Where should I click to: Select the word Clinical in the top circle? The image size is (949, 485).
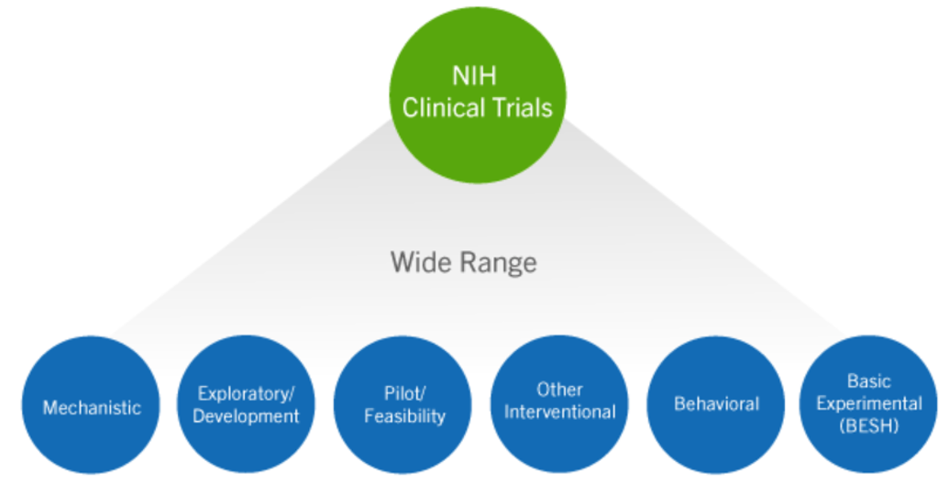444,109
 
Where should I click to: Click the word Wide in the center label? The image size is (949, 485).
421,263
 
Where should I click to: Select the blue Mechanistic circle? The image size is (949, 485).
92,404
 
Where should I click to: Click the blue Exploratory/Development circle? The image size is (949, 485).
246,404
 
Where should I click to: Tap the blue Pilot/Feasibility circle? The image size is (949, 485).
403,404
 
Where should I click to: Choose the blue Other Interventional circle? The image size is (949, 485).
560,404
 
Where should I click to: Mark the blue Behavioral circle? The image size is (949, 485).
716,404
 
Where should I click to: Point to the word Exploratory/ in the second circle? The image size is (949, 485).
246,394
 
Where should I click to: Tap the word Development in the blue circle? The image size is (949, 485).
246,416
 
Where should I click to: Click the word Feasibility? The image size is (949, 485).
404,416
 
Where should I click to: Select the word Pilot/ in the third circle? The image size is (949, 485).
404,394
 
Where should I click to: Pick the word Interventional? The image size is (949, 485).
560,413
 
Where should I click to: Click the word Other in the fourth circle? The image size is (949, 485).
560,390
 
